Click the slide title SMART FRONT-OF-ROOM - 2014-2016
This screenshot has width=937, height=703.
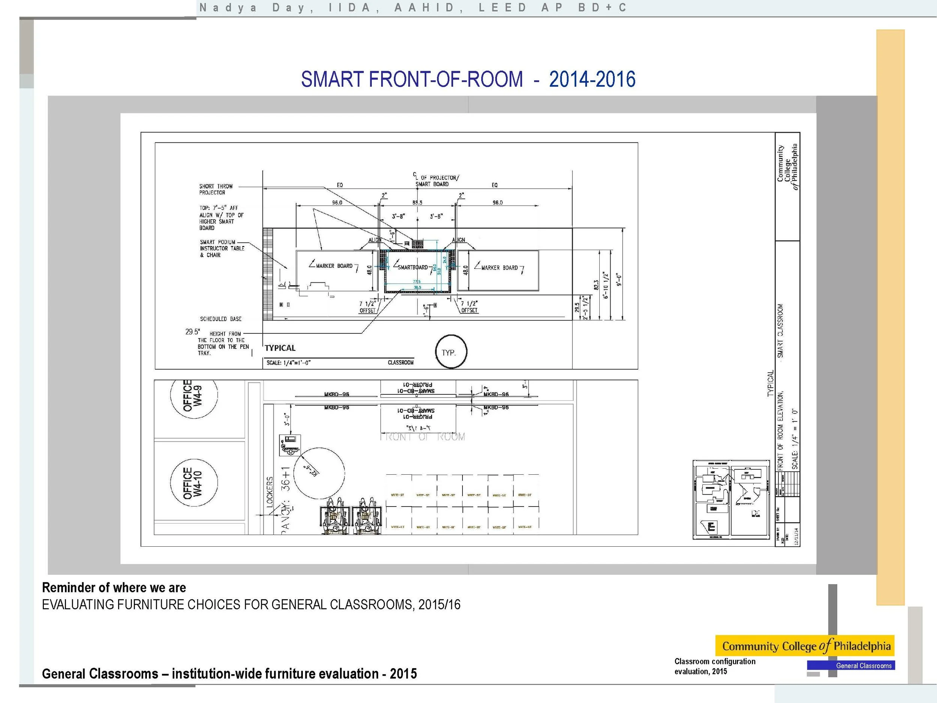(x=468, y=79)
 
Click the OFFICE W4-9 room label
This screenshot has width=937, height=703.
(x=193, y=395)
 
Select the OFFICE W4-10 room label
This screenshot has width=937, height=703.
(x=193, y=483)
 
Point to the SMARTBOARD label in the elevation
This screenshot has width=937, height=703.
(x=413, y=267)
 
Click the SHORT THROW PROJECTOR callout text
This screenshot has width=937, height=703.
(x=216, y=189)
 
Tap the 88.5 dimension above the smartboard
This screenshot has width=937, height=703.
(x=417, y=202)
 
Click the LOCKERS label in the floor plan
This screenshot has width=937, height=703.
(x=270, y=492)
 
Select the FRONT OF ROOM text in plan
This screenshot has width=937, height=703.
(x=422, y=437)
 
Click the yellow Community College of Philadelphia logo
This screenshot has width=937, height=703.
(x=804, y=646)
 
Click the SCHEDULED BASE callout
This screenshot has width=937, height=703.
(x=221, y=319)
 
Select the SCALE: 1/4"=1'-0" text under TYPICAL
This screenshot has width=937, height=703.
(x=289, y=363)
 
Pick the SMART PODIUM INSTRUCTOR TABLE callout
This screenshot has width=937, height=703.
(x=222, y=248)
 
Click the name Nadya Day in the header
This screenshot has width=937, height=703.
(x=256, y=7)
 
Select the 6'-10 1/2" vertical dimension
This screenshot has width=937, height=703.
(x=606, y=285)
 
